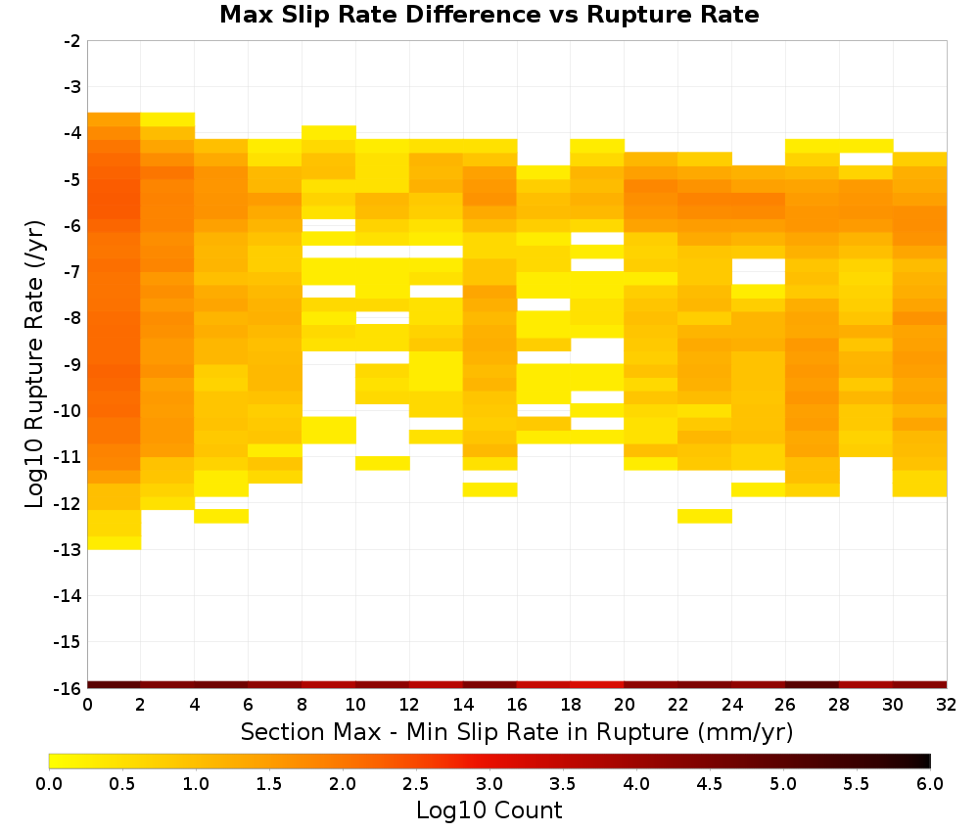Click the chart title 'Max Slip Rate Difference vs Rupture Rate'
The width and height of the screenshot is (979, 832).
489,15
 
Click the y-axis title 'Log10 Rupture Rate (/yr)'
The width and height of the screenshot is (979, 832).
34,364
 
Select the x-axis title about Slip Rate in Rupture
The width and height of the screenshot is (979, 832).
516,731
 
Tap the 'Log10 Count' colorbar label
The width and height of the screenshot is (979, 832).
489,810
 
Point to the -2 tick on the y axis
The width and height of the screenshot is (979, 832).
72,41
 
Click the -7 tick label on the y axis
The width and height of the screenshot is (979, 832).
72,272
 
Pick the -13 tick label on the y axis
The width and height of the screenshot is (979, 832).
69,550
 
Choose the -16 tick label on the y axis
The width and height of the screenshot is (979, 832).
69,688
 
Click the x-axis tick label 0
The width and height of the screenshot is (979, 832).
87,705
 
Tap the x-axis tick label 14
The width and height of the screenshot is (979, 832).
463,705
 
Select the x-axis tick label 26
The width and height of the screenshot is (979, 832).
785,705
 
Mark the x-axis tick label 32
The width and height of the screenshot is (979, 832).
946,705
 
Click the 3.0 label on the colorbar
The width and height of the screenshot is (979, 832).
489,784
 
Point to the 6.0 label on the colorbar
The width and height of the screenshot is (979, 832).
930,784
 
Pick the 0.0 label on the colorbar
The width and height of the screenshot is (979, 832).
49,784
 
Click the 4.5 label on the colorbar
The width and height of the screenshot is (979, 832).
709,784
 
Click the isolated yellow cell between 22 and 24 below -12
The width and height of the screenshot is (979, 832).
705,516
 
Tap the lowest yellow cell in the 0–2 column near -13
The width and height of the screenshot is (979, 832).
115,543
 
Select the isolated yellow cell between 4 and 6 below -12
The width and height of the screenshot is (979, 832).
221,516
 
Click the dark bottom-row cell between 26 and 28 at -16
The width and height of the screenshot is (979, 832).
812,685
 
